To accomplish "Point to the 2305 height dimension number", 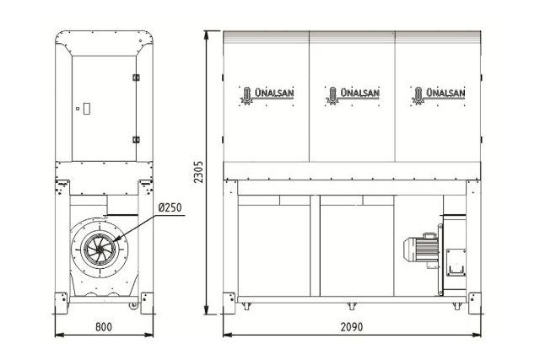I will [x=199, y=172].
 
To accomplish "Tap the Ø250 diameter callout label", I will [x=169, y=207].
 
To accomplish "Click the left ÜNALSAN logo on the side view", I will [x=267, y=94].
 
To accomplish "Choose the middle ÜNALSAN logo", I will [x=352, y=94].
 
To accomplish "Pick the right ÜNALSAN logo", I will [x=436, y=94].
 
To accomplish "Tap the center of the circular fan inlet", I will [x=100, y=250].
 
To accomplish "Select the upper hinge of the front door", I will [x=135, y=77].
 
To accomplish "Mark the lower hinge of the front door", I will [x=135, y=139].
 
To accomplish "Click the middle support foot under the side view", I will [x=348, y=304].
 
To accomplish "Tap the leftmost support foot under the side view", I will [x=246, y=305].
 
